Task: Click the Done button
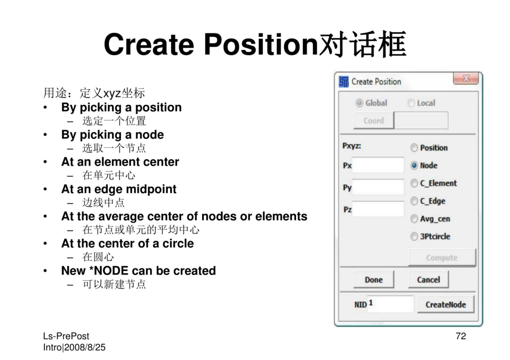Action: (x=374, y=279)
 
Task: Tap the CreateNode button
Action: (x=446, y=304)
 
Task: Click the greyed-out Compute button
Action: (x=442, y=258)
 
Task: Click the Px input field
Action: (x=378, y=165)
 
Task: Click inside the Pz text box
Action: (x=378, y=209)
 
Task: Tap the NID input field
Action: (x=391, y=304)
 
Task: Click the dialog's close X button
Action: (x=466, y=78)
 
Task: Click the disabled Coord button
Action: (x=374, y=120)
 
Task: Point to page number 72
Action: (x=461, y=336)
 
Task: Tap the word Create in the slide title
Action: (x=149, y=44)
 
